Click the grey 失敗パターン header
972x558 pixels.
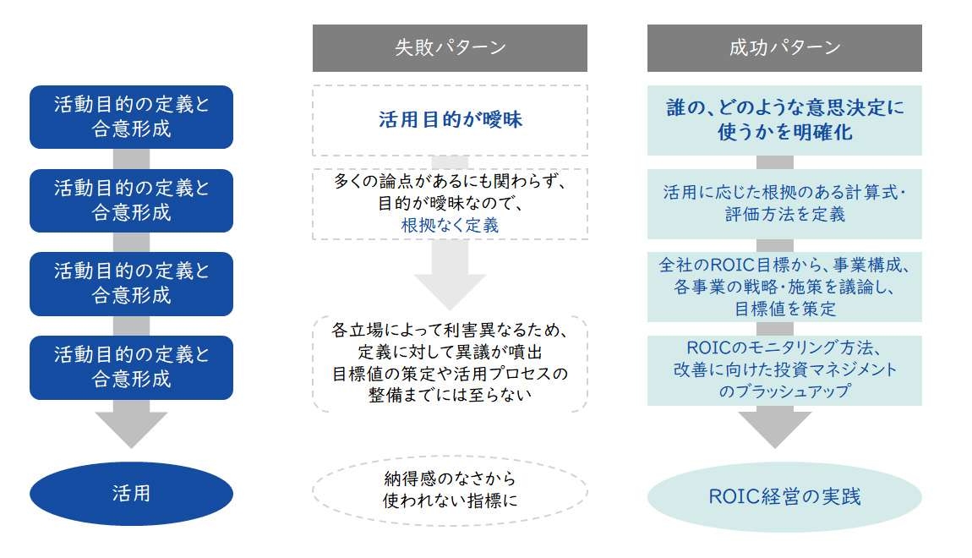point(450,48)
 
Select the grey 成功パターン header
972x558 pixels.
point(784,48)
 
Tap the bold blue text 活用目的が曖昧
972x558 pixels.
point(450,119)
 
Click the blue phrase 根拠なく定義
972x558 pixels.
point(450,225)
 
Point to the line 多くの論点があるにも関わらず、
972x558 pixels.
point(450,183)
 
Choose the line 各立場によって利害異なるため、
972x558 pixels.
point(450,331)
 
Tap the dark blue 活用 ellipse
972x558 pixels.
point(131,493)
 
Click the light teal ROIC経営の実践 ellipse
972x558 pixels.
point(784,496)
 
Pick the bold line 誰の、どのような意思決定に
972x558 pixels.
point(784,108)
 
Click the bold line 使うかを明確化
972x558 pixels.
point(784,133)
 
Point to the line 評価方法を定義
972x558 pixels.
point(784,214)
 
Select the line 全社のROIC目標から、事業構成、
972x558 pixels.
point(784,265)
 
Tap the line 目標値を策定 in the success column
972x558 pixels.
point(784,309)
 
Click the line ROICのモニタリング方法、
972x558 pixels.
point(784,348)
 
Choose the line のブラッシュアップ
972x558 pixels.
point(784,391)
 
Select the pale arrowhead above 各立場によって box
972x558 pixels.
point(450,287)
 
